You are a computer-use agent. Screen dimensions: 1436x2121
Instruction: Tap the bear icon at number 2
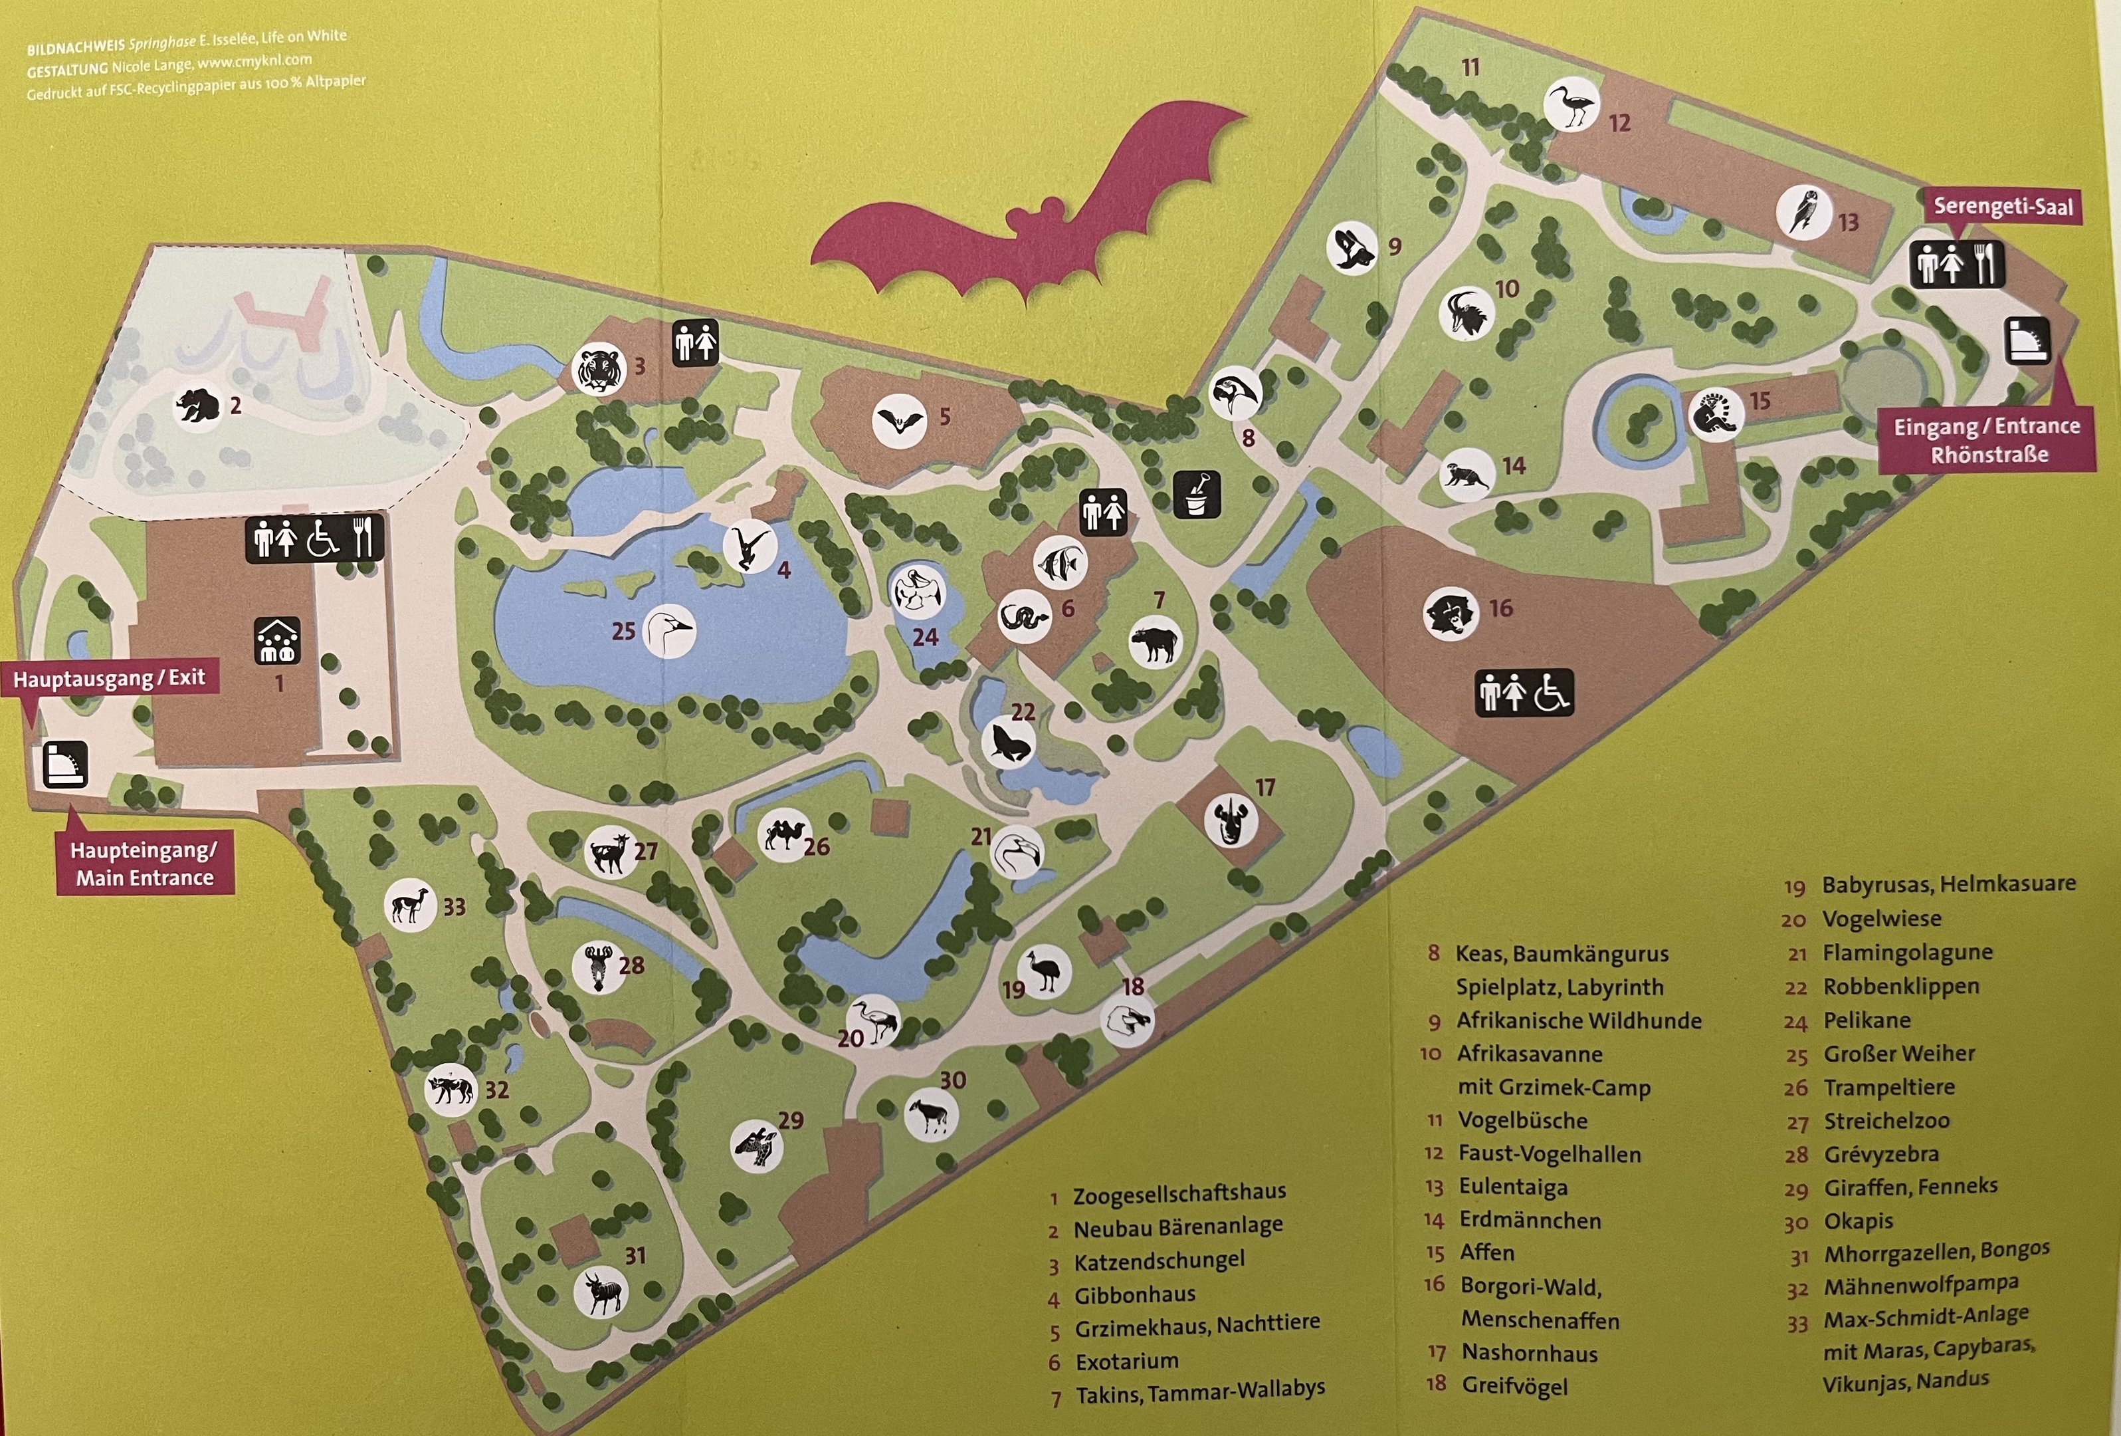point(197,404)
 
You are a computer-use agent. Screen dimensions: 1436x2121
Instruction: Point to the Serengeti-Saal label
point(2002,206)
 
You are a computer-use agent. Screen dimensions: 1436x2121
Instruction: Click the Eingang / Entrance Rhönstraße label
point(1987,440)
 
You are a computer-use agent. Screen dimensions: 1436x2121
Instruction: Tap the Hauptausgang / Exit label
point(110,678)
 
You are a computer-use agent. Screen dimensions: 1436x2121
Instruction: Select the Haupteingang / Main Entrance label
point(144,864)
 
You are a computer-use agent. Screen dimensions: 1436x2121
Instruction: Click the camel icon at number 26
point(784,834)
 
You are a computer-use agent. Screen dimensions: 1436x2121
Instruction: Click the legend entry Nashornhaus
point(1530,1353)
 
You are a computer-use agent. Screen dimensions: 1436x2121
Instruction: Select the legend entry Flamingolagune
point(1908,952)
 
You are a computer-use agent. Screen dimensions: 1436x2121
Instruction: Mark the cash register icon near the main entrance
point(66,763)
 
